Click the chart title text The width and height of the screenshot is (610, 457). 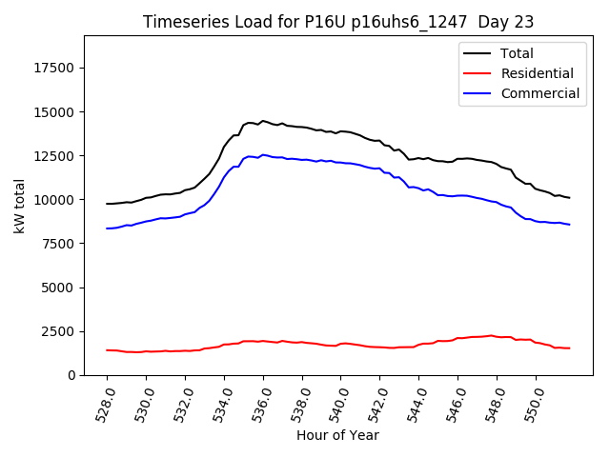tap(338, 22)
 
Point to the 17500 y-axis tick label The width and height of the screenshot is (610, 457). tap(55, 69)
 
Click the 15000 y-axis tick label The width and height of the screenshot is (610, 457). tap(55, 112)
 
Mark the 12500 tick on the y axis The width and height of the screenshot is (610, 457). tap(55, 156)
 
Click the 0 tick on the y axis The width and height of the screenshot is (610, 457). tap(71, 375)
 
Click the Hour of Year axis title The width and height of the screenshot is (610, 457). tap(337, 436)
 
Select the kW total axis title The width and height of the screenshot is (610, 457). tap(19, 206)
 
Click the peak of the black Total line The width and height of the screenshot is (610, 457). tap(263, 121)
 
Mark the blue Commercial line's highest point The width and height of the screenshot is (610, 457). tap(263, 154)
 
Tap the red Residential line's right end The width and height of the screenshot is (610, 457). tap(569, 348)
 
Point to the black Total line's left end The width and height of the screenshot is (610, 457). tap(107, 204)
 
